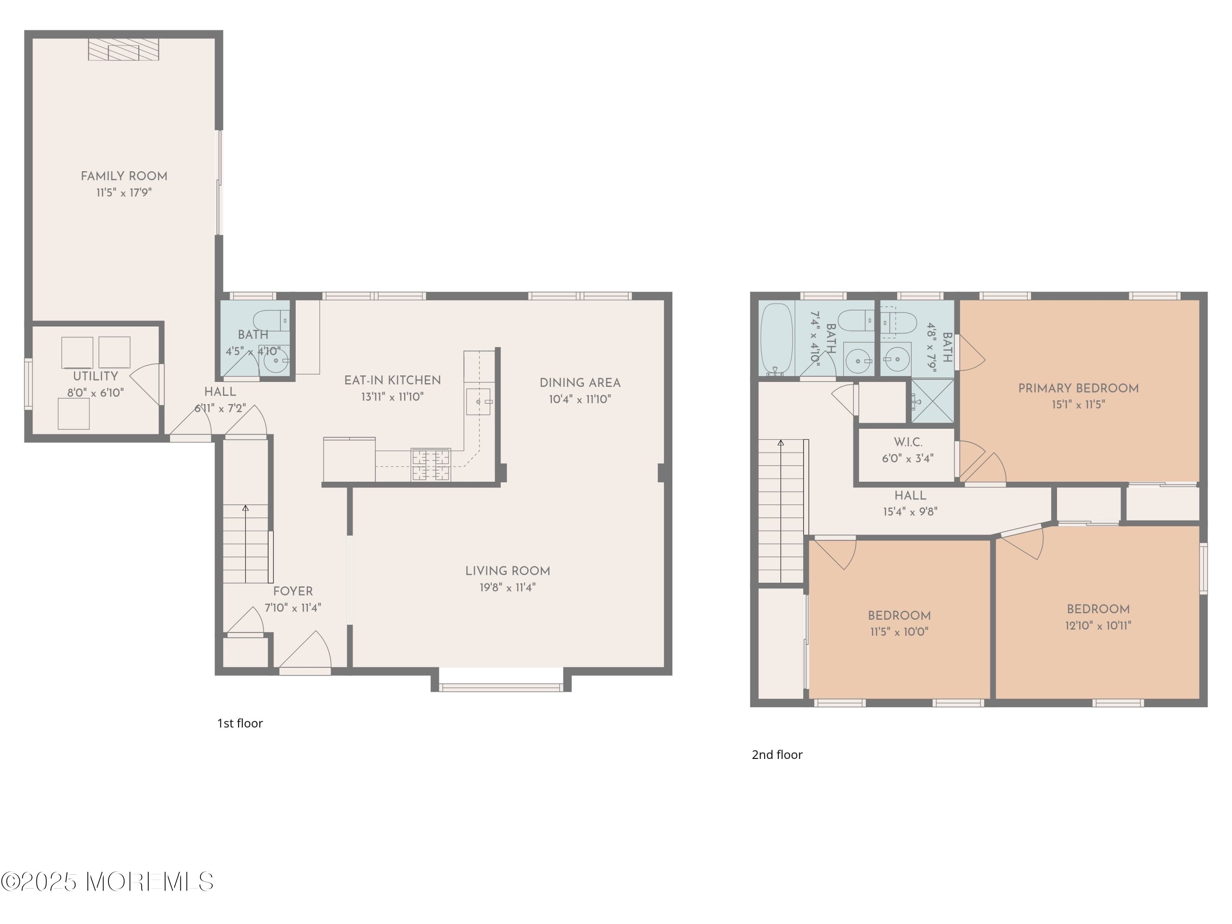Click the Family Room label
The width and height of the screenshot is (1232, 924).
point(124,177)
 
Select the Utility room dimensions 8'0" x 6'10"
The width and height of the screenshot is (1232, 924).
point(95,393)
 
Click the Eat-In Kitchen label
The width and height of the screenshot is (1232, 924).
point(392,380)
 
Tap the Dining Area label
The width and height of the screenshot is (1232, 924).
point(580,383)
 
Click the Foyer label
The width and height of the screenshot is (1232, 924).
point(292,591)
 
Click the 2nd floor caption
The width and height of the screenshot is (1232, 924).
point(777,755)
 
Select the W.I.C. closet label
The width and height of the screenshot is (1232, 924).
point(908,443)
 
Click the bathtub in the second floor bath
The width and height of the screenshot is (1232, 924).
point(777,338)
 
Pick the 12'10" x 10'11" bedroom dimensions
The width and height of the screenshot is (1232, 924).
point(1098,626)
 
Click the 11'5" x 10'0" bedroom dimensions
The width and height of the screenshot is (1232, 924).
point(899,632)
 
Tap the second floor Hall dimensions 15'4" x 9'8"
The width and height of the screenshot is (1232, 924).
point(910,512)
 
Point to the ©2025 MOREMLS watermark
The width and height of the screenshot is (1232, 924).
point(107,882)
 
